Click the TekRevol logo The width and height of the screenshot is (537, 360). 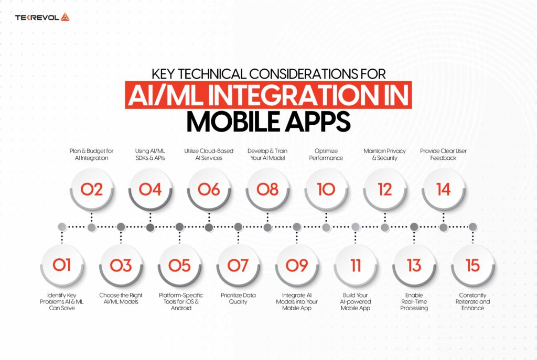tap(42, 17)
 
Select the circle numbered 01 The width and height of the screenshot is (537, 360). tap(62, 266)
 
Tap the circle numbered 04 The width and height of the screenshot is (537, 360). tap(150, 189)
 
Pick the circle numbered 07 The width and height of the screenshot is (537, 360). tap(238, 266)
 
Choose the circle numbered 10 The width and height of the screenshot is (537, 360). tap(326, 189)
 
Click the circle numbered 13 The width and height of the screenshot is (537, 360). tap(414, 266)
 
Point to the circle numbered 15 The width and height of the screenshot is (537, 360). tap(472, 266)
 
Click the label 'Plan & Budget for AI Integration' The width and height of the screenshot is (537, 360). tap(91, 155)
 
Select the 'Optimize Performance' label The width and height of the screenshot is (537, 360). tap(326, 155)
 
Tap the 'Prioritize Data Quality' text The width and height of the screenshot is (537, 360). tap(238, 299)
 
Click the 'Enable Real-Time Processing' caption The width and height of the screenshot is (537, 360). tap(414, 301)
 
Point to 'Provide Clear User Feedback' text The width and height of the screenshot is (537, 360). tap(444, 155)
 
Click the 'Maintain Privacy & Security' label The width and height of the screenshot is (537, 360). tap(385, 155)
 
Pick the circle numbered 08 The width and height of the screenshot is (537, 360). tap(267, 189)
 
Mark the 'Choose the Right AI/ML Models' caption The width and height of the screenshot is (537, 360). tap(121, 299)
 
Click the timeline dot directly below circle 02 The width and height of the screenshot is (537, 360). tap(91, 227)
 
